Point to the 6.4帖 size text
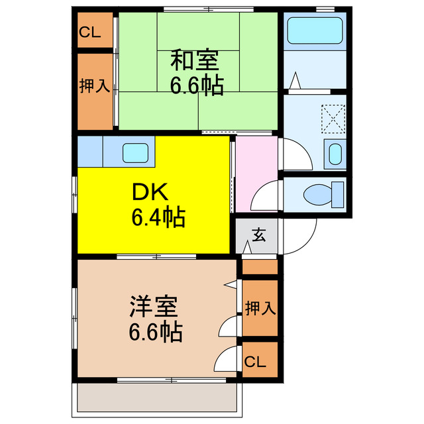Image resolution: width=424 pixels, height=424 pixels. tap(157, 217)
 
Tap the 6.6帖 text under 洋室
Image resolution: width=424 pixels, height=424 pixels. tap(155, 332)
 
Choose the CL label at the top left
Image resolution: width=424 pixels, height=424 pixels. tap(90, 32)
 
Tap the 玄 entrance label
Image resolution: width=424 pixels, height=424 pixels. tap(258, 235)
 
